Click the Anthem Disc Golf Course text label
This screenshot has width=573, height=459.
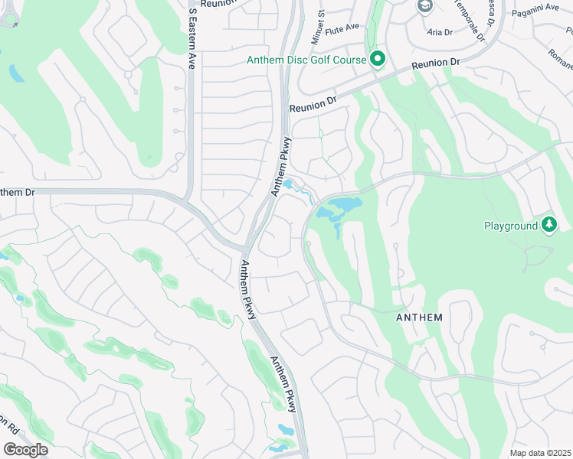coord(306,60)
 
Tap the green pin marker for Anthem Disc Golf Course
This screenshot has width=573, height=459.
coord(377,58)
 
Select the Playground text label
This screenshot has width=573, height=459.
coord(510,226)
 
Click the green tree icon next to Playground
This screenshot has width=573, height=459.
coord(548,224)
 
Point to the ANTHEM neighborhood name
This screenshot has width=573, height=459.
coord(420,316)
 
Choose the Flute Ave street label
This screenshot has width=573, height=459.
coord(342,28)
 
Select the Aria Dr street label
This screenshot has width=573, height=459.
coord(440,32)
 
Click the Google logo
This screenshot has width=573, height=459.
coord(25,450)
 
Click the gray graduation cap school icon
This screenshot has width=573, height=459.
coord(424,7)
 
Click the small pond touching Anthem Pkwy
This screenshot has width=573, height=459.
coord(289,184)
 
